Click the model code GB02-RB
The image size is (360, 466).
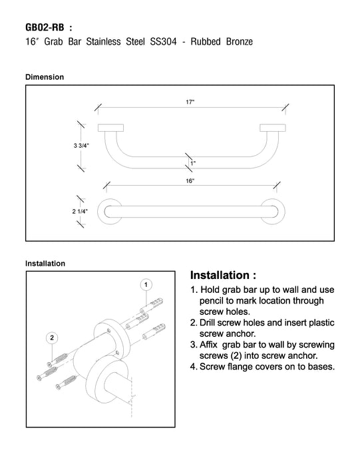tap(45, 28)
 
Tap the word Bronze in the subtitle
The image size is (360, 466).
tap(240, 41)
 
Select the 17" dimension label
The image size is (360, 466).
tap(190, 103)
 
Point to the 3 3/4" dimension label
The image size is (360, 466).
tap(81, 146)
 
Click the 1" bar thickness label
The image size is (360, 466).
tap(193, 163)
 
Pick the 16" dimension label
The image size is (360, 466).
tap(190, 180)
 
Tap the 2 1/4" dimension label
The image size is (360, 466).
tap(80, 211)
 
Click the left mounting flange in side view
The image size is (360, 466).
tap(110, 128)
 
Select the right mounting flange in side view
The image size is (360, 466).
tap(273, 128)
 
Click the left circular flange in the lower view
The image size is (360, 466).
tap(99, 212)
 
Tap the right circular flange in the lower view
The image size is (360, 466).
tap(283, 212)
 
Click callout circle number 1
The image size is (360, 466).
tap(146, 285)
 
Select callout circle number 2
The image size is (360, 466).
tap(52, 338)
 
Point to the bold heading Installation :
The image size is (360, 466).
tap(223, 275)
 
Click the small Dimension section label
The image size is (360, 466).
tap(45, 77)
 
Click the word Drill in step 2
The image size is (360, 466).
tap(208, 323)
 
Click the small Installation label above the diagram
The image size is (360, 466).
tap(45, 264)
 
